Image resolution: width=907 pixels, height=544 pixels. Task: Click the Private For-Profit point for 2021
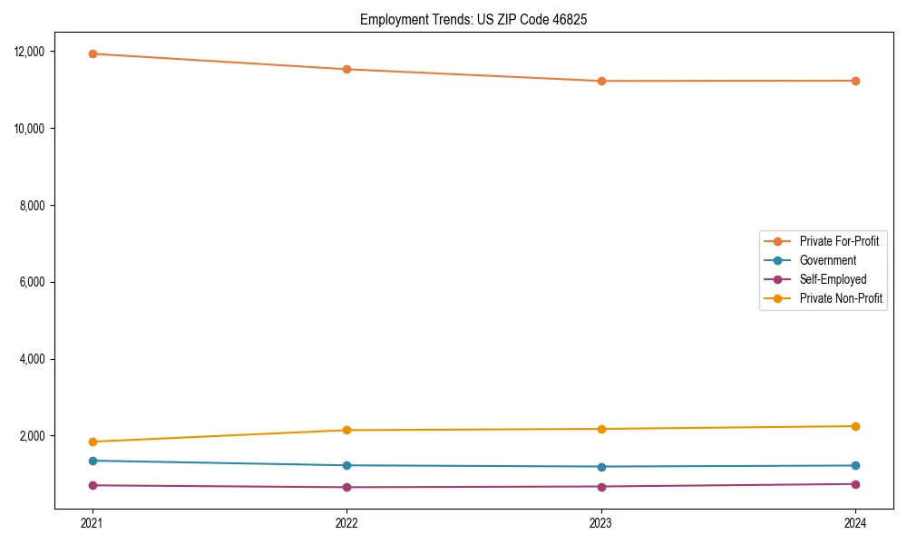click(x=92, y=53)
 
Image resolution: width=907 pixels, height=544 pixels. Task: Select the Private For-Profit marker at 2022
click(x=346, y=69)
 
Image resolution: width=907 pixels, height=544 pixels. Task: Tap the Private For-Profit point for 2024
click(x=855, y=81)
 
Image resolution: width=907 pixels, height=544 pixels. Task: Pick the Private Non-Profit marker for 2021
click(x=92, y=442)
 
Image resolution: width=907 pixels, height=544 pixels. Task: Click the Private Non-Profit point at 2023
click(x=601, y=429)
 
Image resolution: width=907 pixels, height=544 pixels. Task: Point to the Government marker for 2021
click(x=92, y=461)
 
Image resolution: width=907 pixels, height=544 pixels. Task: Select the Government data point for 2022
click(x=346, y=465)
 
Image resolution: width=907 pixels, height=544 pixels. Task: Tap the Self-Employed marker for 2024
click(x=855, y=484)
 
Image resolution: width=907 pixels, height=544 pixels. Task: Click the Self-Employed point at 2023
click(x=601, y=487)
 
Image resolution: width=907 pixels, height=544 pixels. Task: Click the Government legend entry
click(x=827, y=260)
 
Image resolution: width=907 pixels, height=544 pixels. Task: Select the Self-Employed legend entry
click(x=833, y=279)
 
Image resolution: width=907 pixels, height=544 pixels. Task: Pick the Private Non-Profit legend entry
click(x=841, y=298)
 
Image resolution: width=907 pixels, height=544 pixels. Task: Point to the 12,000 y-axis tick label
click(x=30, y=52)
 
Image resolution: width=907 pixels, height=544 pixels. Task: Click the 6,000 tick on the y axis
click(x=33, y=283)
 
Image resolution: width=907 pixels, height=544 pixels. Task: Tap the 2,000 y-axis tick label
click(x=33, y=436)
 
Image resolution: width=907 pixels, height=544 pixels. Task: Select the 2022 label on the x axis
click(x=346, y=522)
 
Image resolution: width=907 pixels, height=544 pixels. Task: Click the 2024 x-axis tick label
click(x=855, y=522)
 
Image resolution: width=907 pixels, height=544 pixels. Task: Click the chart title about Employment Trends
click(x=473, y=19)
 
